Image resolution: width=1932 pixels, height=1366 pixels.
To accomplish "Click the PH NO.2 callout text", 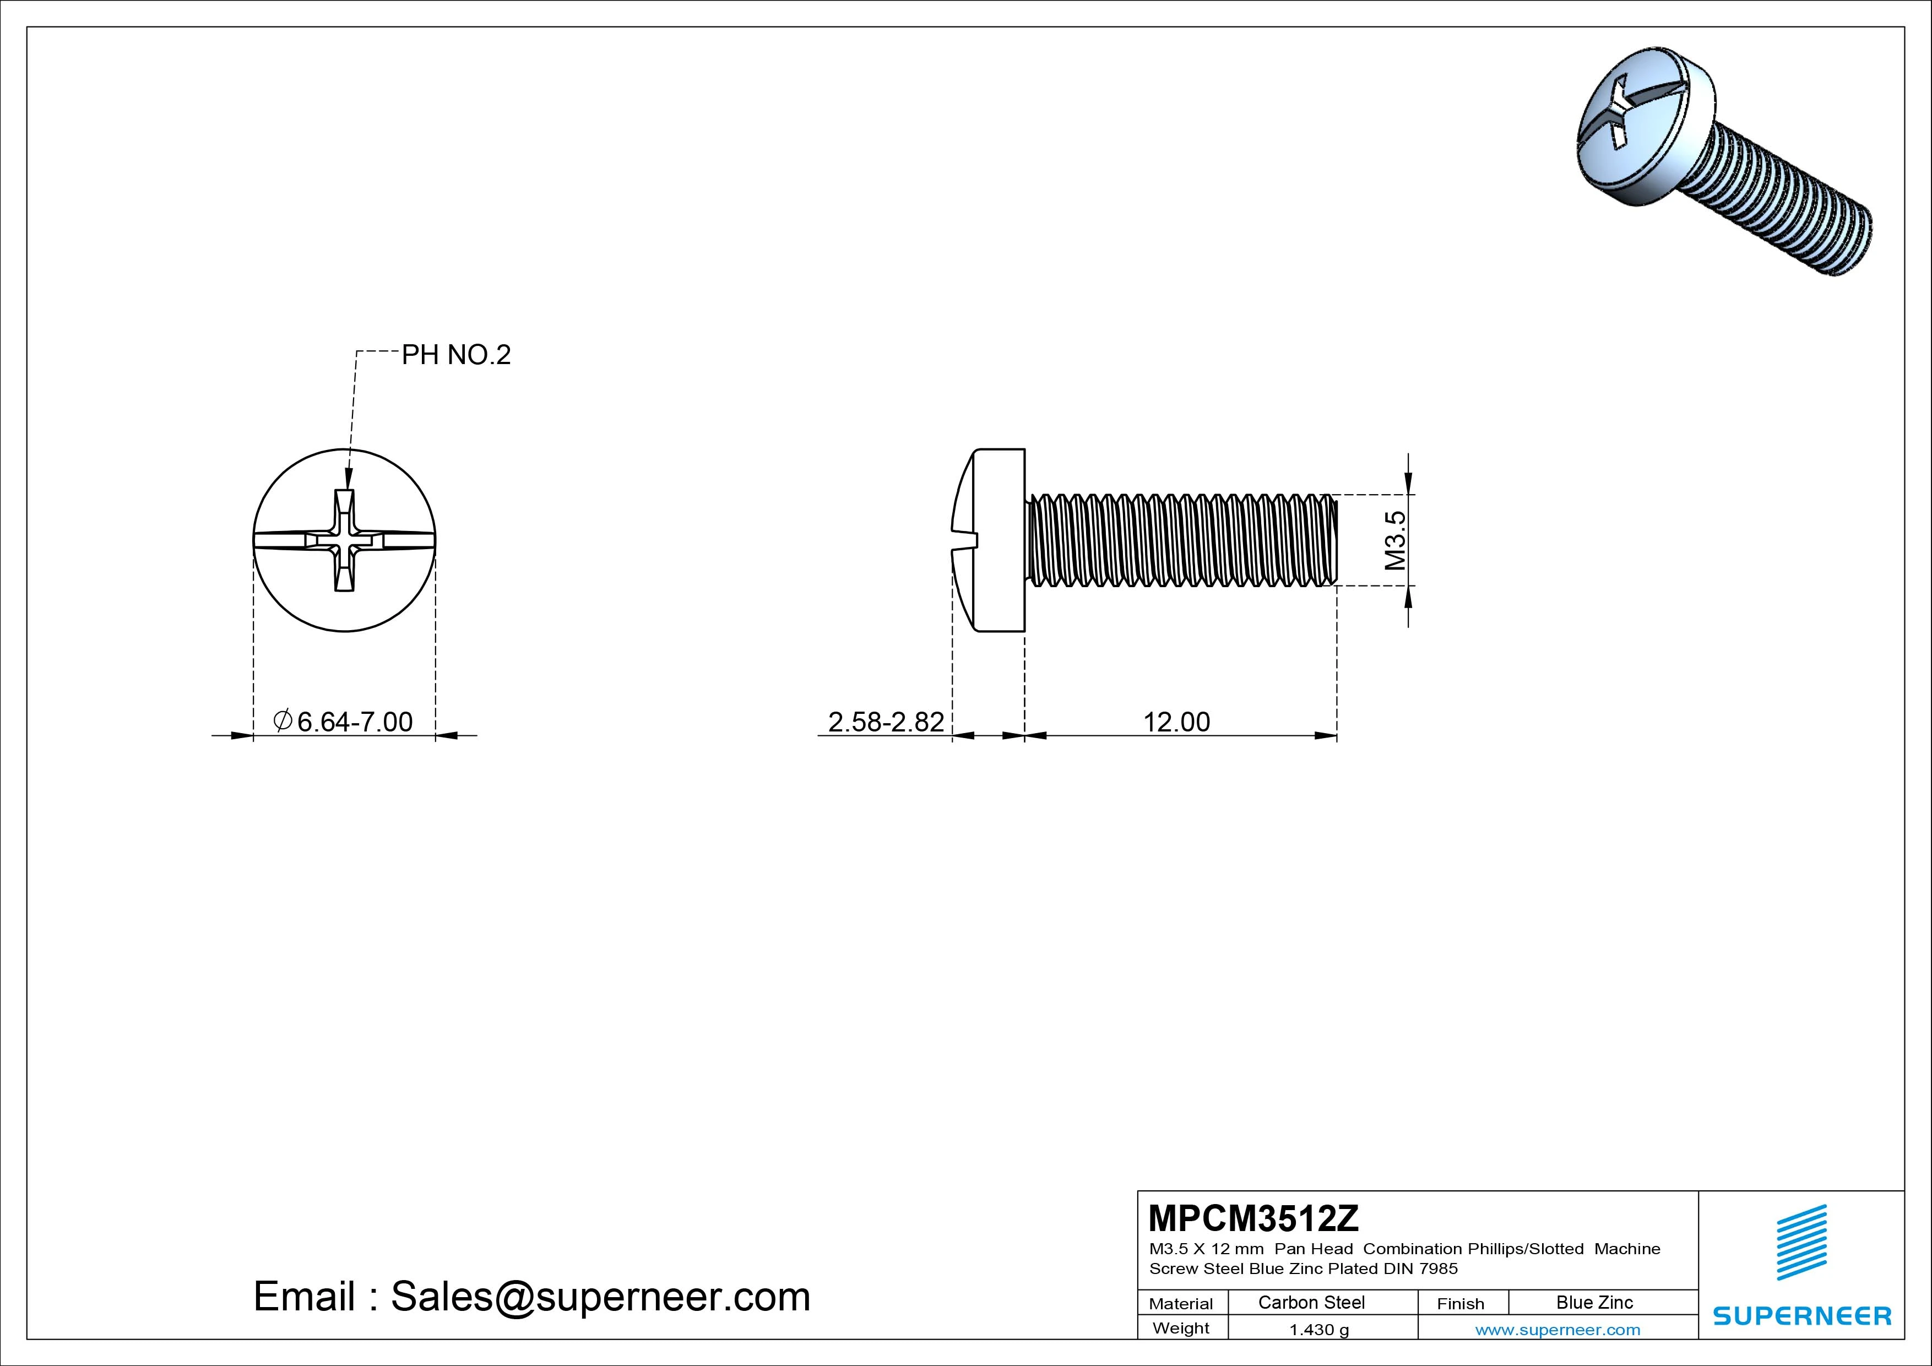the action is [x=456, y=355].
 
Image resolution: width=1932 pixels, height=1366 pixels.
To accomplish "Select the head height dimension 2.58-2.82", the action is [x=886, y=722].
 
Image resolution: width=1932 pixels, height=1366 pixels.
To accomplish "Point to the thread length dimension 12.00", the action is [x=1176, y=722].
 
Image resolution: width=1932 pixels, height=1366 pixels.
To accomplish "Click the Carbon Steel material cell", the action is [x=1311, y=1302].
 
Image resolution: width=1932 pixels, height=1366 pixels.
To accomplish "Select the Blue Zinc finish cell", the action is [x=1594, y=1302].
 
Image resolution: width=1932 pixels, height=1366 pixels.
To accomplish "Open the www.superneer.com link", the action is [x=1557, y=1330].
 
